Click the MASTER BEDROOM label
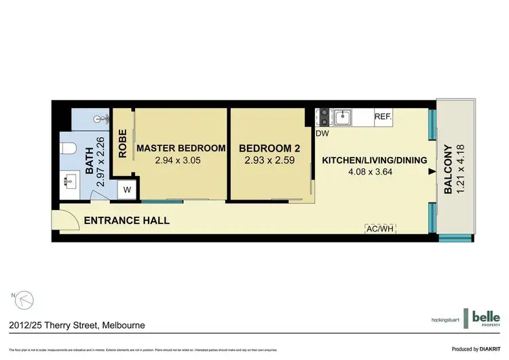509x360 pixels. click(181, 148)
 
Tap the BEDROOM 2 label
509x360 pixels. click(269, 148)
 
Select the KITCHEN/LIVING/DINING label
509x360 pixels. click(374, 160)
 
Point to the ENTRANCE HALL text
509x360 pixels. click(126, 221)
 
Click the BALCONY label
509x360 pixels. click(448, 170)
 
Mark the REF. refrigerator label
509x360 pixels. click(383, 117)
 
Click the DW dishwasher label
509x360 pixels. click(322, 133)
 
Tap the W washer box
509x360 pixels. click(127, 190)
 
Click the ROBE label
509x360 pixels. click(123, 145)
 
